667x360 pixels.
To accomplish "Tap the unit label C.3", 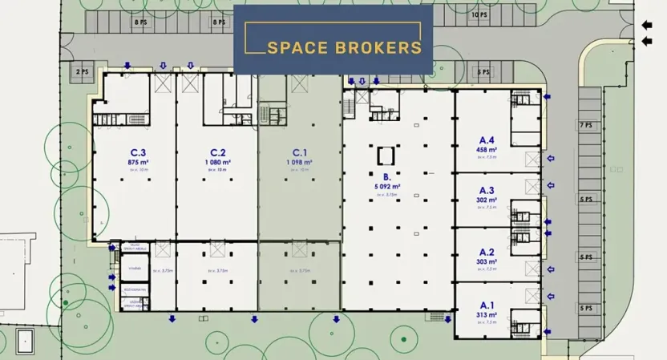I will coord(138,152).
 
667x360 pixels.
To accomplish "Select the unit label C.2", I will coord(218,152).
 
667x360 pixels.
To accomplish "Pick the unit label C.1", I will coord(300,152).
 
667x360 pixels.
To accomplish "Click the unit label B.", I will coord(386,177).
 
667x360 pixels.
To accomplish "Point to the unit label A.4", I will coord(487,140).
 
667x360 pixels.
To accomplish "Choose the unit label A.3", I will coord(487,191).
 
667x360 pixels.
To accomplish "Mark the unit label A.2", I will coord(487,252).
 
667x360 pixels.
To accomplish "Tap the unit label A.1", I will coord(487,305).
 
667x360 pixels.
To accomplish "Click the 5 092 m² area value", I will coord(387,186).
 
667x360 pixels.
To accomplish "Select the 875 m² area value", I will coord(139,161).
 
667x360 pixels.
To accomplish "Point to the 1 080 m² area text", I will coord(218,161).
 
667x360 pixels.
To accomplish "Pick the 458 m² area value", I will coord(487,149).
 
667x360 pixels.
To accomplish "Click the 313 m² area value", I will coord(487,314).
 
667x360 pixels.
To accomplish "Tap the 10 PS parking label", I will coord(479,15).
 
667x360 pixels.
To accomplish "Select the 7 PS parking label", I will coord(584,126).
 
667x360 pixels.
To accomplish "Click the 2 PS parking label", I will coord(82,71).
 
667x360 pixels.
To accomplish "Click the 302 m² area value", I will coord(487,200).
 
